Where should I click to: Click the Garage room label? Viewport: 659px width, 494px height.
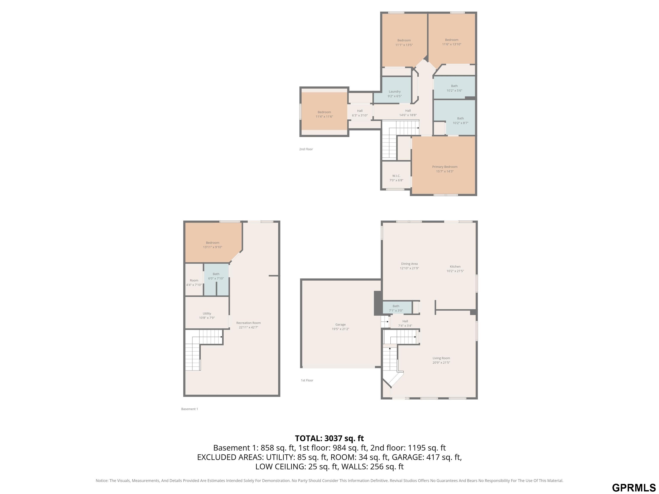[340, 325]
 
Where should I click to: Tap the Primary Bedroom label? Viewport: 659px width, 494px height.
[445, 167]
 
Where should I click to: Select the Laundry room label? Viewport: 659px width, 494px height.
[395, 91]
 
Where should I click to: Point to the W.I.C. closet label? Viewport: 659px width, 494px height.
[396, 176]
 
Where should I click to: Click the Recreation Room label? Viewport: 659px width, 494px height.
[248, 323]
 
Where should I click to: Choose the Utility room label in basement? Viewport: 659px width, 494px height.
[207, 313]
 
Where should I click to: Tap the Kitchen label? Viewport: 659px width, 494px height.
[455, 267]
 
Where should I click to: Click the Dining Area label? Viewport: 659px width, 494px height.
[409, 264]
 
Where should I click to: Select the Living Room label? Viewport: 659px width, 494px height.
[441, 358]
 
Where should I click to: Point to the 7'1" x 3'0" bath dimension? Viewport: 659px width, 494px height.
[396, 311]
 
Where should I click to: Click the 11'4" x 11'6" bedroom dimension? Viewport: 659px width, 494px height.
[324, 116]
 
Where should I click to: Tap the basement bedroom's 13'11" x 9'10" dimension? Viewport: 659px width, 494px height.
[213, 247]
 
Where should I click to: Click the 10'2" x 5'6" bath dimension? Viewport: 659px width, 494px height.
[454, 90]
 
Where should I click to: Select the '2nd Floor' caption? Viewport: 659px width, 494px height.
[306, 149]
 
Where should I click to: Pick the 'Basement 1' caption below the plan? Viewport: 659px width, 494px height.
[189, 409]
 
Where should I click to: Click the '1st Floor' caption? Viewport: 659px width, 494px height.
[307, 380]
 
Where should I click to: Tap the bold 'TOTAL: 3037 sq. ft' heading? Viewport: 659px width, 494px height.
[329, 438]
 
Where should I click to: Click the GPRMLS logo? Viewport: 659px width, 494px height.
[634, 487]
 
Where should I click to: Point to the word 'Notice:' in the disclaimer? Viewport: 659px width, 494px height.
[102, 481]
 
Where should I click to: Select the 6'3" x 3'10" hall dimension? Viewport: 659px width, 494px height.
[360, 115]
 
